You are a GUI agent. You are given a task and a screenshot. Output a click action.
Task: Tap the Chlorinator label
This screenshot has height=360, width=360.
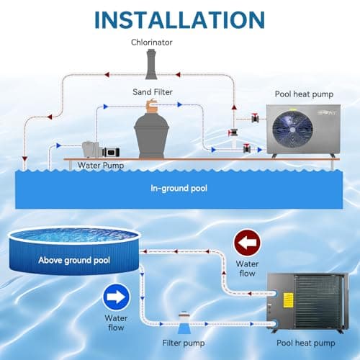[x=151, y=42]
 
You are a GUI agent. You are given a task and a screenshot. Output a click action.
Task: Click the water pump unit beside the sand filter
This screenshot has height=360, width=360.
[x=96, y=148]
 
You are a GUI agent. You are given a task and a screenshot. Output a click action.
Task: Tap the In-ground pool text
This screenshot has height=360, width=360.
[x=179, y=189]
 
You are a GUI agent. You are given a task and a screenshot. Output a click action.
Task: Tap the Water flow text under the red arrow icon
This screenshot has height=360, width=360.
[x=247, y=268]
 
